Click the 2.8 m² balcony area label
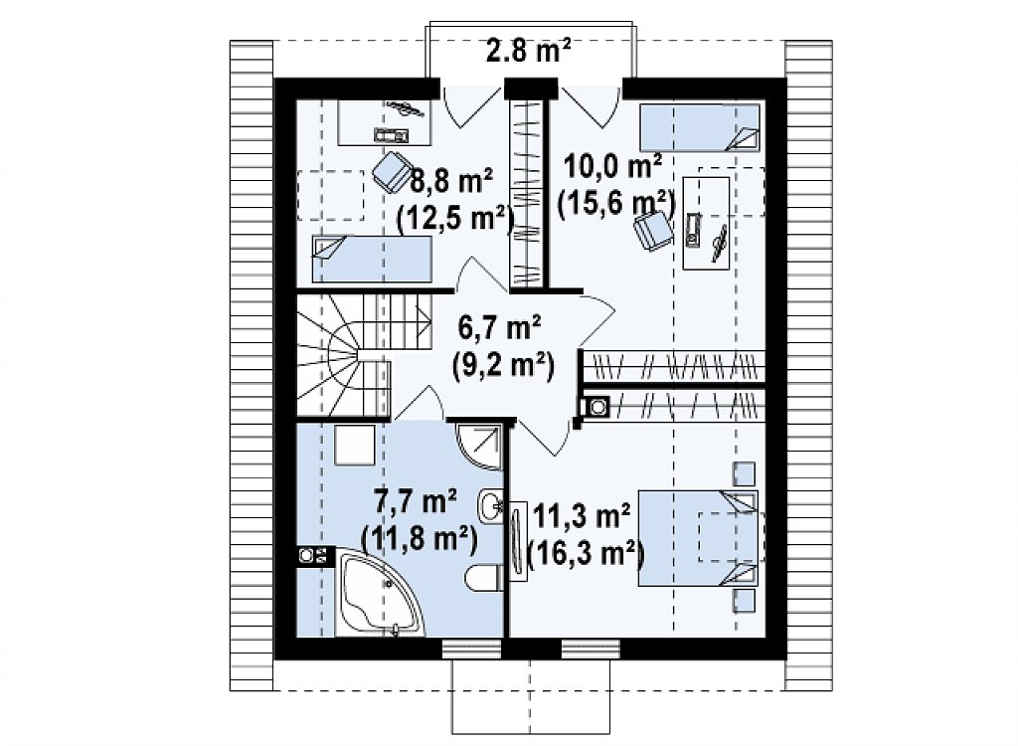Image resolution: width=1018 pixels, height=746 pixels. (x=529, y=51)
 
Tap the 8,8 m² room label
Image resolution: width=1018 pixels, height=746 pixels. (x=451, y=182)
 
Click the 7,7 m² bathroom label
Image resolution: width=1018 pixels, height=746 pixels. (x=416, y=501)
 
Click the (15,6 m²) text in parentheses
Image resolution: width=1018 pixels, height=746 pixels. (x=616, y=204)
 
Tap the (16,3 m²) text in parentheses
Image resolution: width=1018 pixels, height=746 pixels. (x=587, y=554)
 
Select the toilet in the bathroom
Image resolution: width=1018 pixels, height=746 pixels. (x=485, y=578)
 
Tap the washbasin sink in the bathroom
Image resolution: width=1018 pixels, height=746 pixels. (x=491, y=504)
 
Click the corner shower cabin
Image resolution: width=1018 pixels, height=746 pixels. (x=478, y=446)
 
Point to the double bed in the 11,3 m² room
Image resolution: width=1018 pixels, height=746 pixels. (x=699, y=538)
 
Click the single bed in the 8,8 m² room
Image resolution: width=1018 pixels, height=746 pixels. (x=372, y=259)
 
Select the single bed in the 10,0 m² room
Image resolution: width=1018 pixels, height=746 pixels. (x=699, y=128)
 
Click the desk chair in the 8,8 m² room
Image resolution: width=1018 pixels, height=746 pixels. (x=391, y=171)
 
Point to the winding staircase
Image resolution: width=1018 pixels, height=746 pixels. (x=344, y=355)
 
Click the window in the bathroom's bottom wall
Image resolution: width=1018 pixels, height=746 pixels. (x=472, y=648)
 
